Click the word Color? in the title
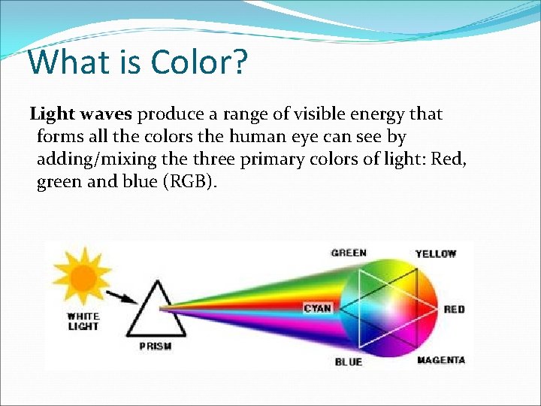click(x=199, y=62)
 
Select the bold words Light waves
click(x=81, y=114)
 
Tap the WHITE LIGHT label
click(x=83, y=322)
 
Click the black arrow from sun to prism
click(x=122, y=295)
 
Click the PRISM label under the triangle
click(x=156, y=347)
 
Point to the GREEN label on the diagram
click(x=349, y=253)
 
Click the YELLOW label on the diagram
click(x=436, y=254)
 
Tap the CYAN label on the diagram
click(x=318, y=308)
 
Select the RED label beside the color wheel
click(x=454, y=310)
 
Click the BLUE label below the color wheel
click(x=349, y=362)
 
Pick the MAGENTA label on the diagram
click(x=441, y=360)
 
